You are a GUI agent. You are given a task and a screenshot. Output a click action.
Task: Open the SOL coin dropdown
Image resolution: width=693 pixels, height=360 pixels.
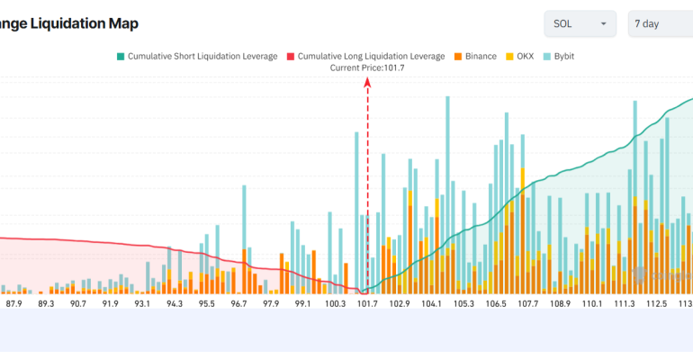click(580, 23)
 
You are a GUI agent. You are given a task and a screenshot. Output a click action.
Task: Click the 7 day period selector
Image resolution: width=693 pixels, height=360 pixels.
click(660, 23)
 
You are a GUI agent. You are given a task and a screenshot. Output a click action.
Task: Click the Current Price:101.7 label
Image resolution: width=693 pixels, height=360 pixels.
click(367, 67)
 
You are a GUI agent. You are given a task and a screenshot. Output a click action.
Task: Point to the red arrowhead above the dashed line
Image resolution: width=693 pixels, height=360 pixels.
click(367, 82)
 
